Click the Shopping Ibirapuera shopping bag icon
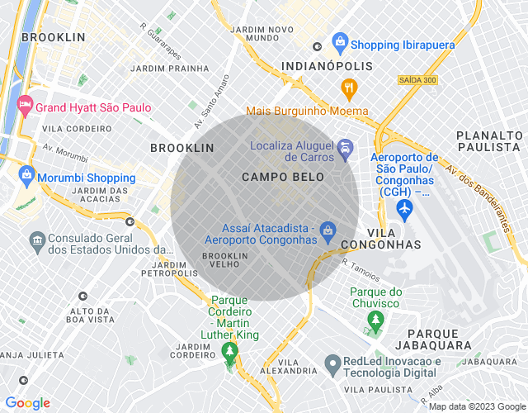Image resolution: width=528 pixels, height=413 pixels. click(339, 41)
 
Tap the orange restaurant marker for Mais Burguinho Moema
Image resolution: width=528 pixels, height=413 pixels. click(350, 88)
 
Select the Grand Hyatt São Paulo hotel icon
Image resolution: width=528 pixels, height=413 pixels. click(23, 105)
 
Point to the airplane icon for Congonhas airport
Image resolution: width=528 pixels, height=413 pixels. click(404, 210)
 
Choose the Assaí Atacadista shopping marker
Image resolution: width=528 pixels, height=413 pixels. click(328, 229)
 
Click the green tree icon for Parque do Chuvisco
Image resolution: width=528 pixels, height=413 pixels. click(376, 318)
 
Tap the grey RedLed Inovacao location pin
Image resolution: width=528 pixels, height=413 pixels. click(332, 363)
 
